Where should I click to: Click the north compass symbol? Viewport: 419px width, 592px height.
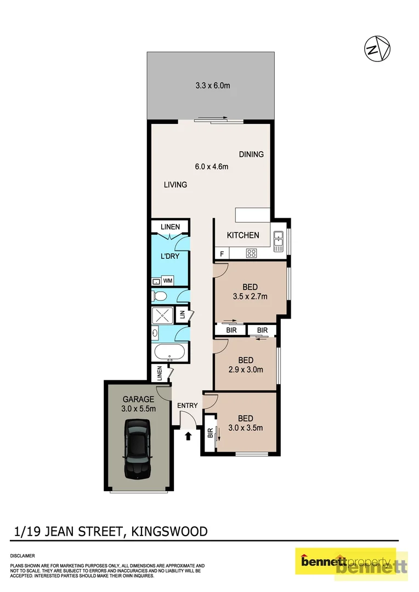click(377, 49)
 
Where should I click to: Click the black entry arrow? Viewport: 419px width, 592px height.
click(188, 436)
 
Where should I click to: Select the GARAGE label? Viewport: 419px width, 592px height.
click(138, 400)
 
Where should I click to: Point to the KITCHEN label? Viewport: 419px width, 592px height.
click(244, 235)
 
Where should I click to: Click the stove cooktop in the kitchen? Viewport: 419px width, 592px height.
click(252, 253)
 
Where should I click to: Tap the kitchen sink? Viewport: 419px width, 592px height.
click(278, 238)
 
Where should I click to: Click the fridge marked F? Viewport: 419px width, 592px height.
click(222, 254)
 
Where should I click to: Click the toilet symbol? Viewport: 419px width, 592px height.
click(160, 297)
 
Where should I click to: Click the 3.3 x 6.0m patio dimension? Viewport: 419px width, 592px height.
click(213, 86)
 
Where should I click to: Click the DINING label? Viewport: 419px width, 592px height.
click(251, 154)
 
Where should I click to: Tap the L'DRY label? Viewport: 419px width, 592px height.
click(171, 255)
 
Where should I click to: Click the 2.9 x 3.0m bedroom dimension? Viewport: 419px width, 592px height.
click(246, 369)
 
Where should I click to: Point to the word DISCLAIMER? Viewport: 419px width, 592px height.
click(22, 555)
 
